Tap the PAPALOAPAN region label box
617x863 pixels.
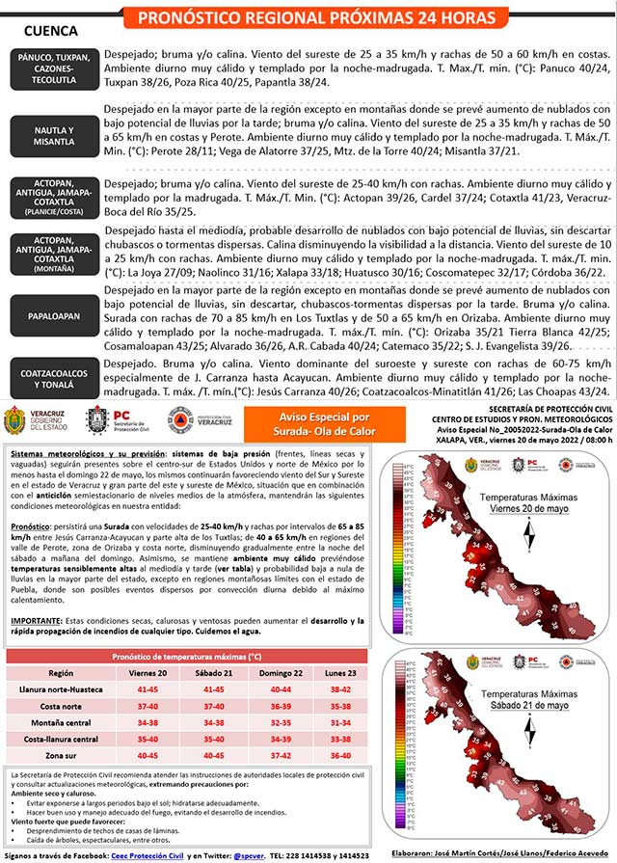click(51, 314)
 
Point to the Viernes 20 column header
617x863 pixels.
click(148, 672)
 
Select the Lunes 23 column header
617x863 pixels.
click(339, 672)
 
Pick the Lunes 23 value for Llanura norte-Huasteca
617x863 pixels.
click(339, 689)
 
